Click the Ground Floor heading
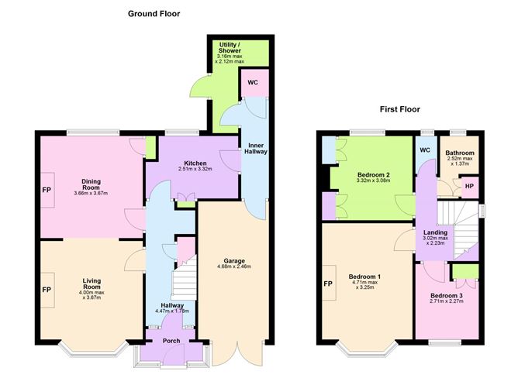[x=154, y=14]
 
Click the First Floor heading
[x=399, y=109]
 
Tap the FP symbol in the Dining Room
[x=47, y=190]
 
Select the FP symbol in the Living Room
[x=47, y=290]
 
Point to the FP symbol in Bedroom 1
[x=328, y=284]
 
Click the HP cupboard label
[x=469, y=186]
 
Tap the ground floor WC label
[x=253, y=82]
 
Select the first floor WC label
[x=425, y=150]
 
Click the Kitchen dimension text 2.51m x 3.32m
[x=195, y=169]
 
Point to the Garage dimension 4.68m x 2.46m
[x=234, y=266]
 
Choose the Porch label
[x=171, y=341]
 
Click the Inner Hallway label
[x=256, y=149]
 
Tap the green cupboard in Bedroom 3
[x=465, y=271]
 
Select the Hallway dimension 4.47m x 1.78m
[x=172, y=311]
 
